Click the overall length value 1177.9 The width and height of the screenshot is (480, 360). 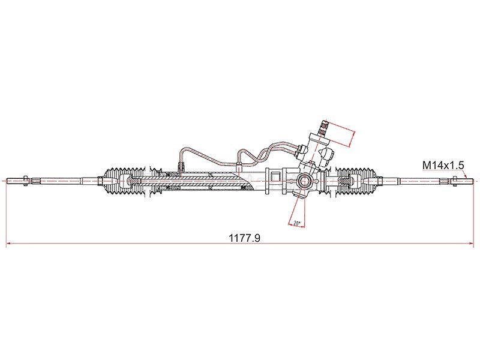coord(245,238)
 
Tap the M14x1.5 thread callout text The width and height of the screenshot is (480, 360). coord(443,165)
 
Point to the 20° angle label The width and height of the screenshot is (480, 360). coord(296,223)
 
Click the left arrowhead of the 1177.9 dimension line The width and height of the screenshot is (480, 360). coord(9,244)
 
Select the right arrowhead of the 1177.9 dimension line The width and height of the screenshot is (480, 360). coord(471,244)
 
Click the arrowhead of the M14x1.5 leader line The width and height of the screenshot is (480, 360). coord(466,177)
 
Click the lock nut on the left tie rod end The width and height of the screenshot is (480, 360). coord(25,181)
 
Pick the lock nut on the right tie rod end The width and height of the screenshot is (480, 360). coord(455,181)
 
